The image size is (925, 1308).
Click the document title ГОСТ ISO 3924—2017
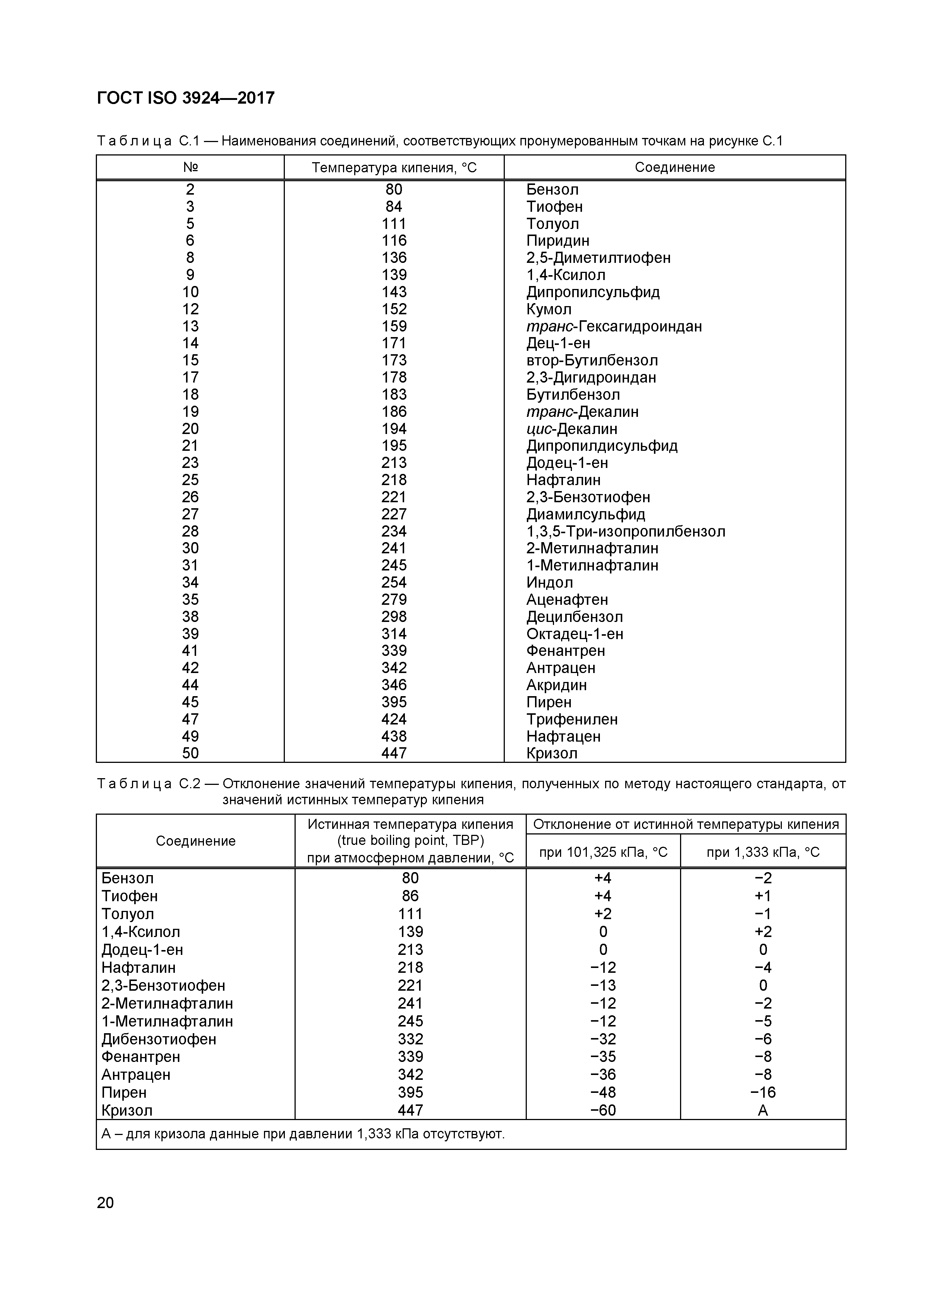coord(186,98)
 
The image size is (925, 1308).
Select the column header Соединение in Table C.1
coord(674,167)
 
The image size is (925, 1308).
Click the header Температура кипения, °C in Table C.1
coord(394,167)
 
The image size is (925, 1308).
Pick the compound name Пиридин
coord(558,240)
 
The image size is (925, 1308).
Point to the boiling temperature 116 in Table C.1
coord(394,240)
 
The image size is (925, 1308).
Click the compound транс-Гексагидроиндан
coord(613,326)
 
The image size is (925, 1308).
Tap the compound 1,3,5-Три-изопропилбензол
coord(625,532)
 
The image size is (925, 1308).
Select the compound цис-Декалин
coord(571,428)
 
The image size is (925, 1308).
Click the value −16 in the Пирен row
coord(763,1092)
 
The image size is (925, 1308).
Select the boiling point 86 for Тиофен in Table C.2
coord(410,896)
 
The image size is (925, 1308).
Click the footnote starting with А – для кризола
coord(303,1134)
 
